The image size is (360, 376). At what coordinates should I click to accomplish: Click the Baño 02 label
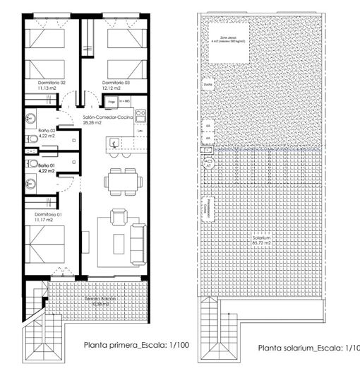(x=47, y=131)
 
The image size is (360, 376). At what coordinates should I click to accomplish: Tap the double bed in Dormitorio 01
(x=49, y=244)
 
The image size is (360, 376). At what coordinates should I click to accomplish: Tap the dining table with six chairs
(x=116, y=180)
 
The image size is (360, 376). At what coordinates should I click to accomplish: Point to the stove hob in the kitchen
(x=140, y=112)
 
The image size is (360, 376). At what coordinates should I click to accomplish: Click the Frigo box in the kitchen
(x=111, y=102)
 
